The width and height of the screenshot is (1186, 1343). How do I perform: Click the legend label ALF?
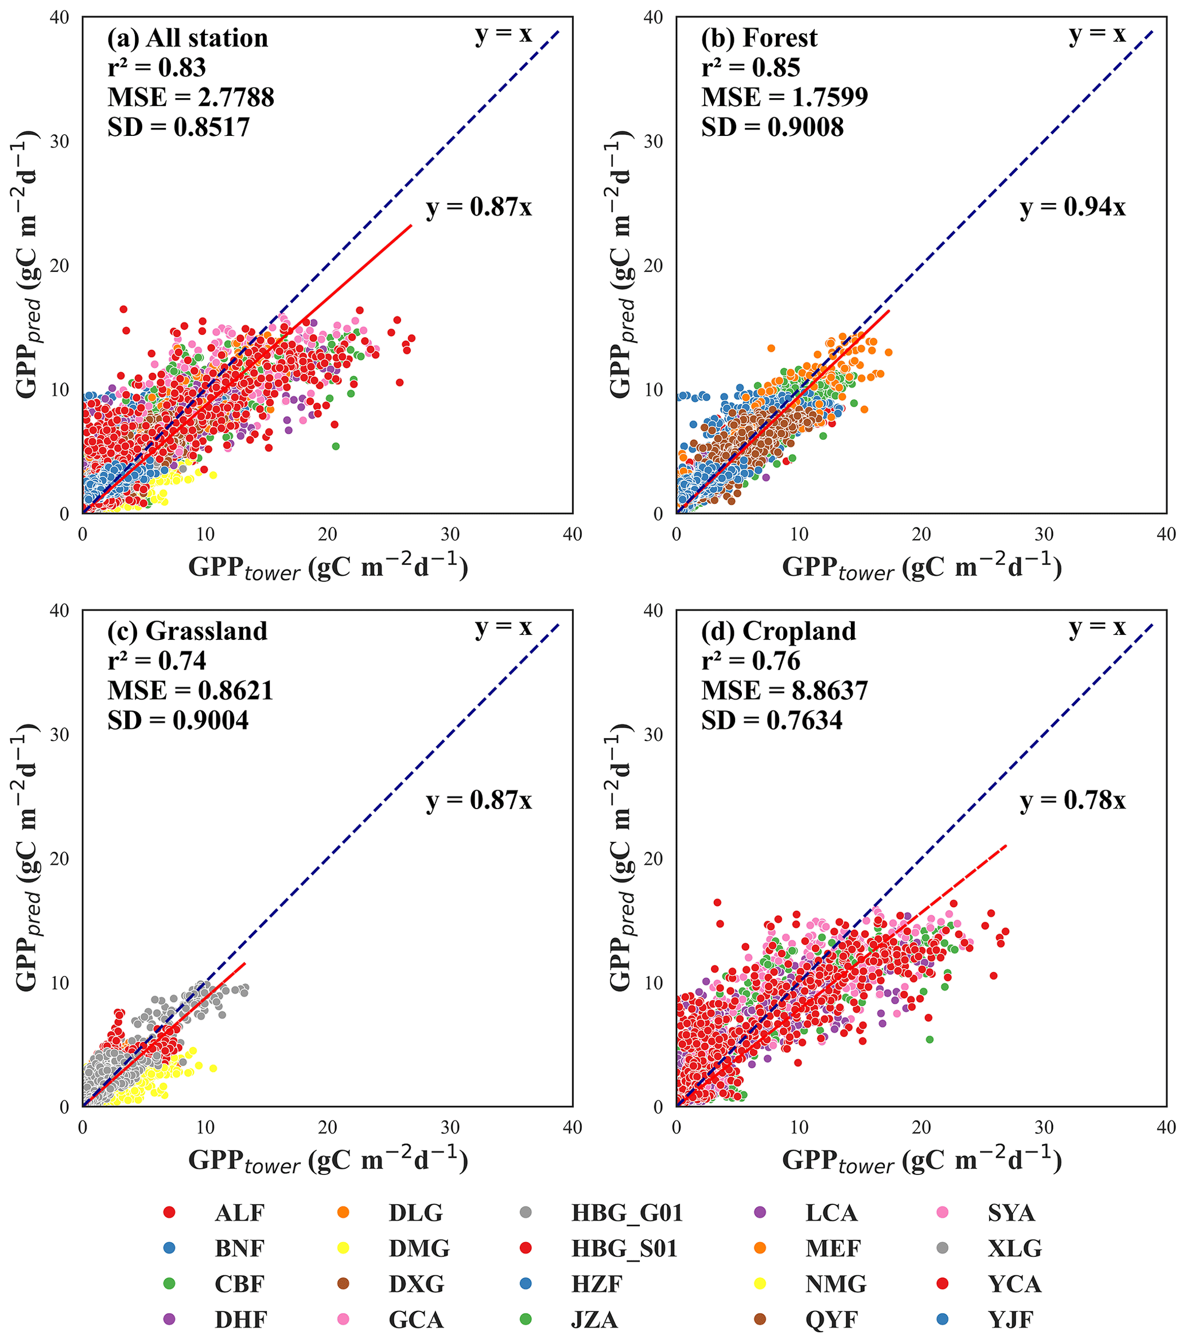click(x=239, y=1212)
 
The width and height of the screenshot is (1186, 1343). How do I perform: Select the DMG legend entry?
click(x=419, y=1248)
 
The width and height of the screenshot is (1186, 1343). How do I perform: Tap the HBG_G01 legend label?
click(x=627, y=1212)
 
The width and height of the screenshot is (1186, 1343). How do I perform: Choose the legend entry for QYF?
click(x=831, y=1319)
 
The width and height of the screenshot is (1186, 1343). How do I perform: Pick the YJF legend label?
click(x=1010, y=1319)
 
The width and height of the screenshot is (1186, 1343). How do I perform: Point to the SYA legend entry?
click(x=1011, y=1212)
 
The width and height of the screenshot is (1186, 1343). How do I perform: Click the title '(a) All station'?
click(x=188, y=38)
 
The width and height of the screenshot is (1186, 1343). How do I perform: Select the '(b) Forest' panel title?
click(x=759, y=38)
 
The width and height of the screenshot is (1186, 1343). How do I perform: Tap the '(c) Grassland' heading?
click(x=188, y=631)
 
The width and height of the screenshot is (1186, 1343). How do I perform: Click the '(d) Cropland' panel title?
click(x=779, y=631)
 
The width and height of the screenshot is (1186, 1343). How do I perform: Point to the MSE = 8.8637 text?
click(x=784, y=690)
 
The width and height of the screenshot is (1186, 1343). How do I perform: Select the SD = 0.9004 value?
click(x=178, y=721)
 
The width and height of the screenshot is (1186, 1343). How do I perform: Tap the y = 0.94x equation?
click(x=1072, y=208)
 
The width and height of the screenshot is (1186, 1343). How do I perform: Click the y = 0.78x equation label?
click(x=1072, y=801)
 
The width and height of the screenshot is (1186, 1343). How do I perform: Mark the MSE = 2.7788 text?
click(x=190, y=97)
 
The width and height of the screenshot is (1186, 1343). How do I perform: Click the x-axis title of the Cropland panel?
click(x=921, y=1162)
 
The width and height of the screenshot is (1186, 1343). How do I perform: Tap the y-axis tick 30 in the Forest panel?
click(x=652, y=141)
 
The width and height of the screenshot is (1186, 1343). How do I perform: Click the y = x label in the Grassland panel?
click(x=504, y=627)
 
